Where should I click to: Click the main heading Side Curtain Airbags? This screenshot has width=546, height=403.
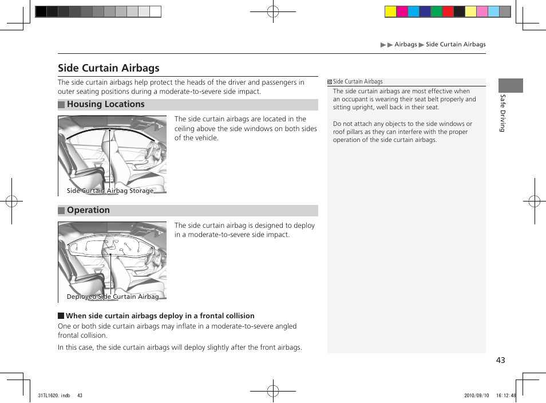[109, 68]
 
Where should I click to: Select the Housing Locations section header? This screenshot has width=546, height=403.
[105, 104]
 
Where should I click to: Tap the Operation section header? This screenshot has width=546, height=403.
[88, 210]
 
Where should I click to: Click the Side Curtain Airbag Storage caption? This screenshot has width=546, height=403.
[110, 191]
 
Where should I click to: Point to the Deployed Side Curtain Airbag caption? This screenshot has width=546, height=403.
[113, 297]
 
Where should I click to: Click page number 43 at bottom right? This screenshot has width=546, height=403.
[501, 360]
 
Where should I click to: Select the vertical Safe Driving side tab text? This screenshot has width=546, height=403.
[502, 113]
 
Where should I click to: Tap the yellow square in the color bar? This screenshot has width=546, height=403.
[390, 11]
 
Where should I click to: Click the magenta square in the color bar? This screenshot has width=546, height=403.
[402, 11]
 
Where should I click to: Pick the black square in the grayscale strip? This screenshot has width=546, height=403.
[41, 11]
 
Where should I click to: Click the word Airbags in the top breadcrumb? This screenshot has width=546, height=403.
[406, 44]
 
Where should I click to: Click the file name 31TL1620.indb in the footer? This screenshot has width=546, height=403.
[54, 395]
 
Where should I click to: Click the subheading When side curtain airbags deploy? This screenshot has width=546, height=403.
[160, 315]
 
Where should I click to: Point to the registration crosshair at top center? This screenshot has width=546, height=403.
[273, 11]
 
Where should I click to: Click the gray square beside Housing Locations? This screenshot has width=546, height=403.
[61, 105]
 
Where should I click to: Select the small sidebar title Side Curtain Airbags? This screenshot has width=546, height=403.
[358, 82]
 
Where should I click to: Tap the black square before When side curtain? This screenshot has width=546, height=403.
[61, 316]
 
